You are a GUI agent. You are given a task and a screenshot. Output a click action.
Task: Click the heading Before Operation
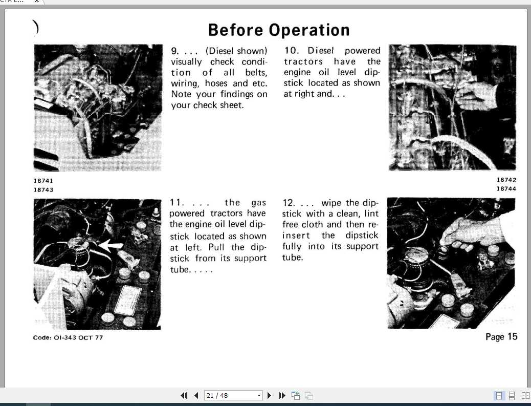point(279,30)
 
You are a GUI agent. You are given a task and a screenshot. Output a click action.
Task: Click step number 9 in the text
point(174,51)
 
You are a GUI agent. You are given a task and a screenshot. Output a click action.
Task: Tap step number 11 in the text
point(176,203)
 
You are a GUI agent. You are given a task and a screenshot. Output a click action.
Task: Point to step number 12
point(288,203)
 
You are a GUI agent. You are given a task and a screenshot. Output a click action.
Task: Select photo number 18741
point(43,181)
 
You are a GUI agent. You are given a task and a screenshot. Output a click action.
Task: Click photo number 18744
point(506,188)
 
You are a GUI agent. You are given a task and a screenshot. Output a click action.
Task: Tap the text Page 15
point(501,336)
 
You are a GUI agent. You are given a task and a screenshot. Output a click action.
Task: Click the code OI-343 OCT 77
point(68,337)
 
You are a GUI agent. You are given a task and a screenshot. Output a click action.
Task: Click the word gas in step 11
point(258,203)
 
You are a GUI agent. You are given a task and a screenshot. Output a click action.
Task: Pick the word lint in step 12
point(371,213)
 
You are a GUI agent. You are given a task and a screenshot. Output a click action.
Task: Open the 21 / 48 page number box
point(233,396)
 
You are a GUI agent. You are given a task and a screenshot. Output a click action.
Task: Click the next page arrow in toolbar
point(270,396)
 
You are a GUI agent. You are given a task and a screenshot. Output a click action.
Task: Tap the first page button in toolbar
point(184,396)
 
